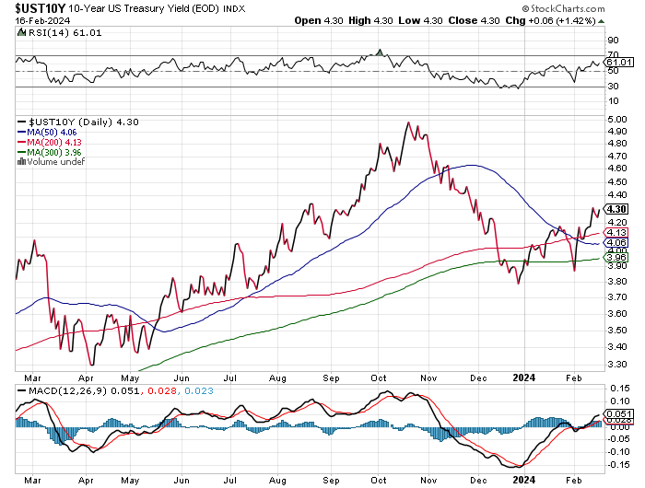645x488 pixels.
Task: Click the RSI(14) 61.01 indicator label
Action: [x=52, y=32]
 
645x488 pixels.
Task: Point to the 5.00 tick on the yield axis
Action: [x=615, y=119]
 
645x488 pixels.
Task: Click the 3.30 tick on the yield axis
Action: [x=615, y=365]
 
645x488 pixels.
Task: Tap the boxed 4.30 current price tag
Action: [x=616, y=209]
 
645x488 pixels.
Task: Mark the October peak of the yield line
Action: [x=408, y=122]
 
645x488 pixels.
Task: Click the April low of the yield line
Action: [x=89, y=364]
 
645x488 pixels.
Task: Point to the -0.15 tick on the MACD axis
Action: [x=617, y=463]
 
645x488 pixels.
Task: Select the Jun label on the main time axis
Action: [x=182, y=377]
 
